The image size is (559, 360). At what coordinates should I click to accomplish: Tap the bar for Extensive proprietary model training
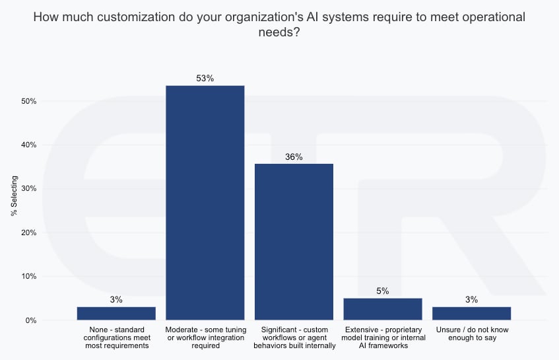(x=383, y=309)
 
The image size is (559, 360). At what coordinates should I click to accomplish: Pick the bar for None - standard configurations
(x=116, y=313)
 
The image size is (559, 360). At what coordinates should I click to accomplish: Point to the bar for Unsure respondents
(x=471, y=313)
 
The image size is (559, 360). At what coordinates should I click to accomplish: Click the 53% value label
(x=205, y=78)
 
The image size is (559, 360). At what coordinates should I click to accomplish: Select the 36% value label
(x=294, y=157)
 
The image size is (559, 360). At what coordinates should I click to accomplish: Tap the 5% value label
(x=383, y=291)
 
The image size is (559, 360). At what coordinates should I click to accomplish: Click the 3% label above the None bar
(x=116, y=299)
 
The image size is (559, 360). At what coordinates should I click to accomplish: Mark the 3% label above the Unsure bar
(x=471, y=299)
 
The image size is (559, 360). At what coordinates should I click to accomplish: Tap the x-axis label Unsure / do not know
(x=471, y=334)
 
